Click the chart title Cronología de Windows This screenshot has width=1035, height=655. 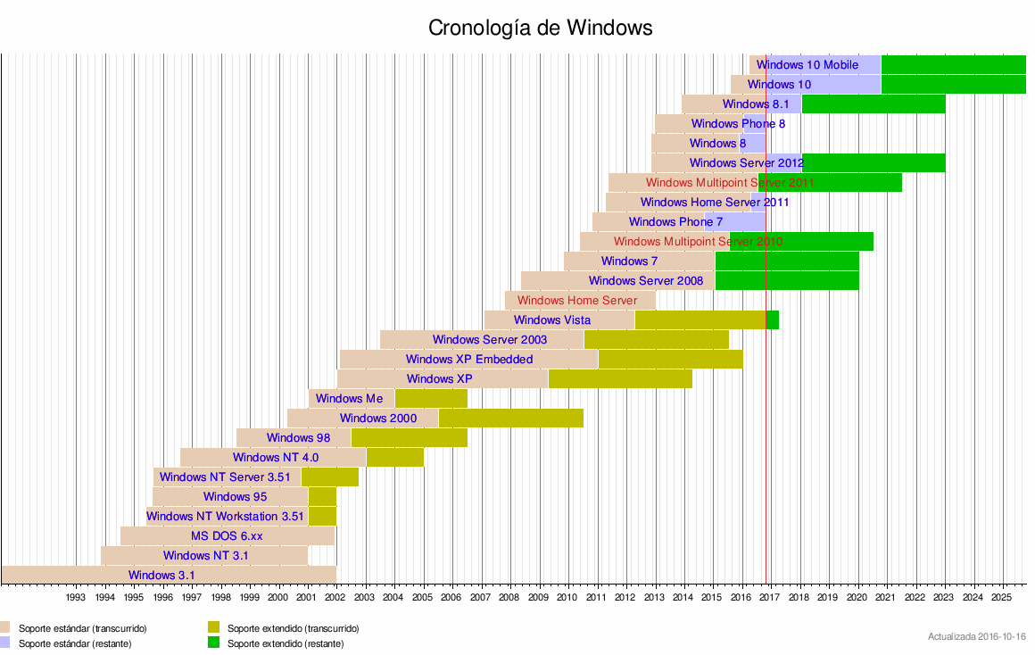pos(541,28)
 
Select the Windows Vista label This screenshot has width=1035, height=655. pos(551,319)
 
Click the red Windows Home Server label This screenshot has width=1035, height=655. pos(577,300)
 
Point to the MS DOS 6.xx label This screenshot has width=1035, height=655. pos(227,535)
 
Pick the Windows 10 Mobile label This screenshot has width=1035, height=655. pos(807,64)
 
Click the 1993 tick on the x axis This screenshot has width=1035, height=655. pos(76,597)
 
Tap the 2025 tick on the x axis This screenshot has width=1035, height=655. pos(1003,597)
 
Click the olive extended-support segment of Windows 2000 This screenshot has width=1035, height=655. pos(510,418)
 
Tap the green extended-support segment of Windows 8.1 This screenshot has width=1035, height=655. pos(873,104)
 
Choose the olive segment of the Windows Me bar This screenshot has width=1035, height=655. pos(431,398)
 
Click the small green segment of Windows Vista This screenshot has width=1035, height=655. pos(773,319)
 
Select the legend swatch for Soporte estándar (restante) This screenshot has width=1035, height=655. pos(5,643)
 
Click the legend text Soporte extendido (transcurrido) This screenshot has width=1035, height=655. pos(293,628)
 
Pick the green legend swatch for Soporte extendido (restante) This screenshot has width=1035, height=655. pos(214,643)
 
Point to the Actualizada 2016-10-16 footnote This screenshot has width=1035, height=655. pos(976,636)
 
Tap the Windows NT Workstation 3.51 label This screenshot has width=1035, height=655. pos(226,516)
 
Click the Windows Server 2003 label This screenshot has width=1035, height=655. pos(490,339)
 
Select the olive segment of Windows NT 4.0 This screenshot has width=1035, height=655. pos(394,457)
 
